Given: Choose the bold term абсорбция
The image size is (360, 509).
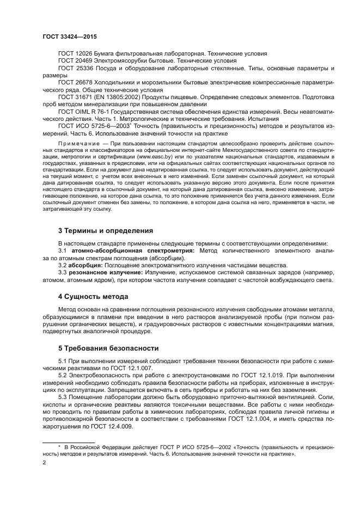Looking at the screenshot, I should point(83,265).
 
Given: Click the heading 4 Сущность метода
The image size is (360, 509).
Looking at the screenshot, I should point(93,297).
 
